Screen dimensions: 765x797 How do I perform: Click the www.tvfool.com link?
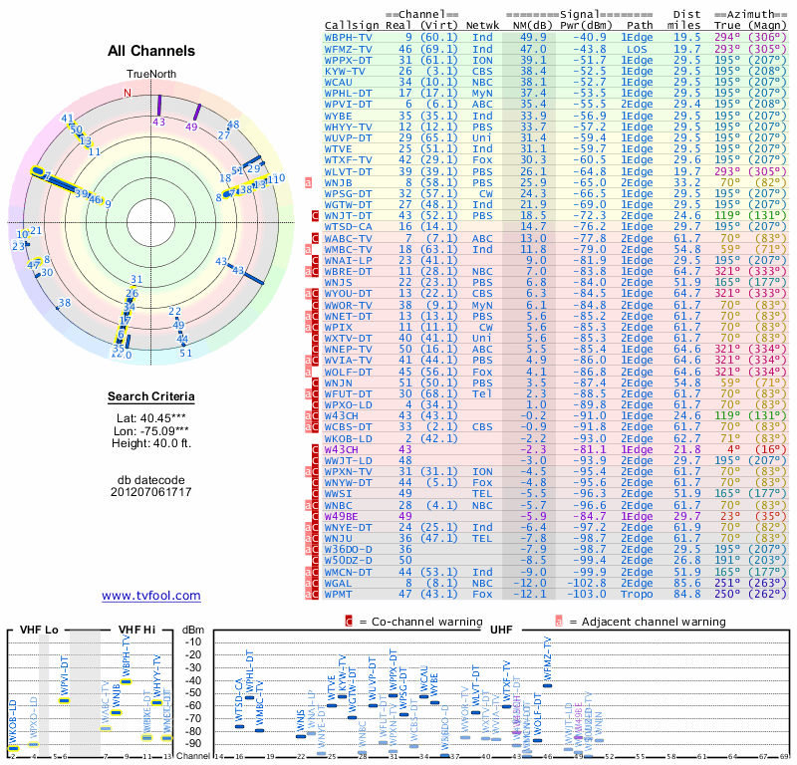coord(150,596)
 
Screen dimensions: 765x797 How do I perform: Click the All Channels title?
coord(150,51)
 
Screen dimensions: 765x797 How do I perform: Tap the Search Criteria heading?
coord(150,397)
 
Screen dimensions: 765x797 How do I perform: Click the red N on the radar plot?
coord(128,94)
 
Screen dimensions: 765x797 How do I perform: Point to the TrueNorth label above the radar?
coord(150,75)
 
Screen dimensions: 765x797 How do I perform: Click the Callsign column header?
coord(351,24)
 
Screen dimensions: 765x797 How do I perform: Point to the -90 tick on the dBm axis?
coord(192,743)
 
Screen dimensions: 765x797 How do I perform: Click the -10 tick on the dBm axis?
coord(192,641)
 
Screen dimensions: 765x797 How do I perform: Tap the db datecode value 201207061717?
coord(150,491)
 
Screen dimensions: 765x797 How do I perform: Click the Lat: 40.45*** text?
coord(150,419)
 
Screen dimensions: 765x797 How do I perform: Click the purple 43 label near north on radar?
coord(158,122)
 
